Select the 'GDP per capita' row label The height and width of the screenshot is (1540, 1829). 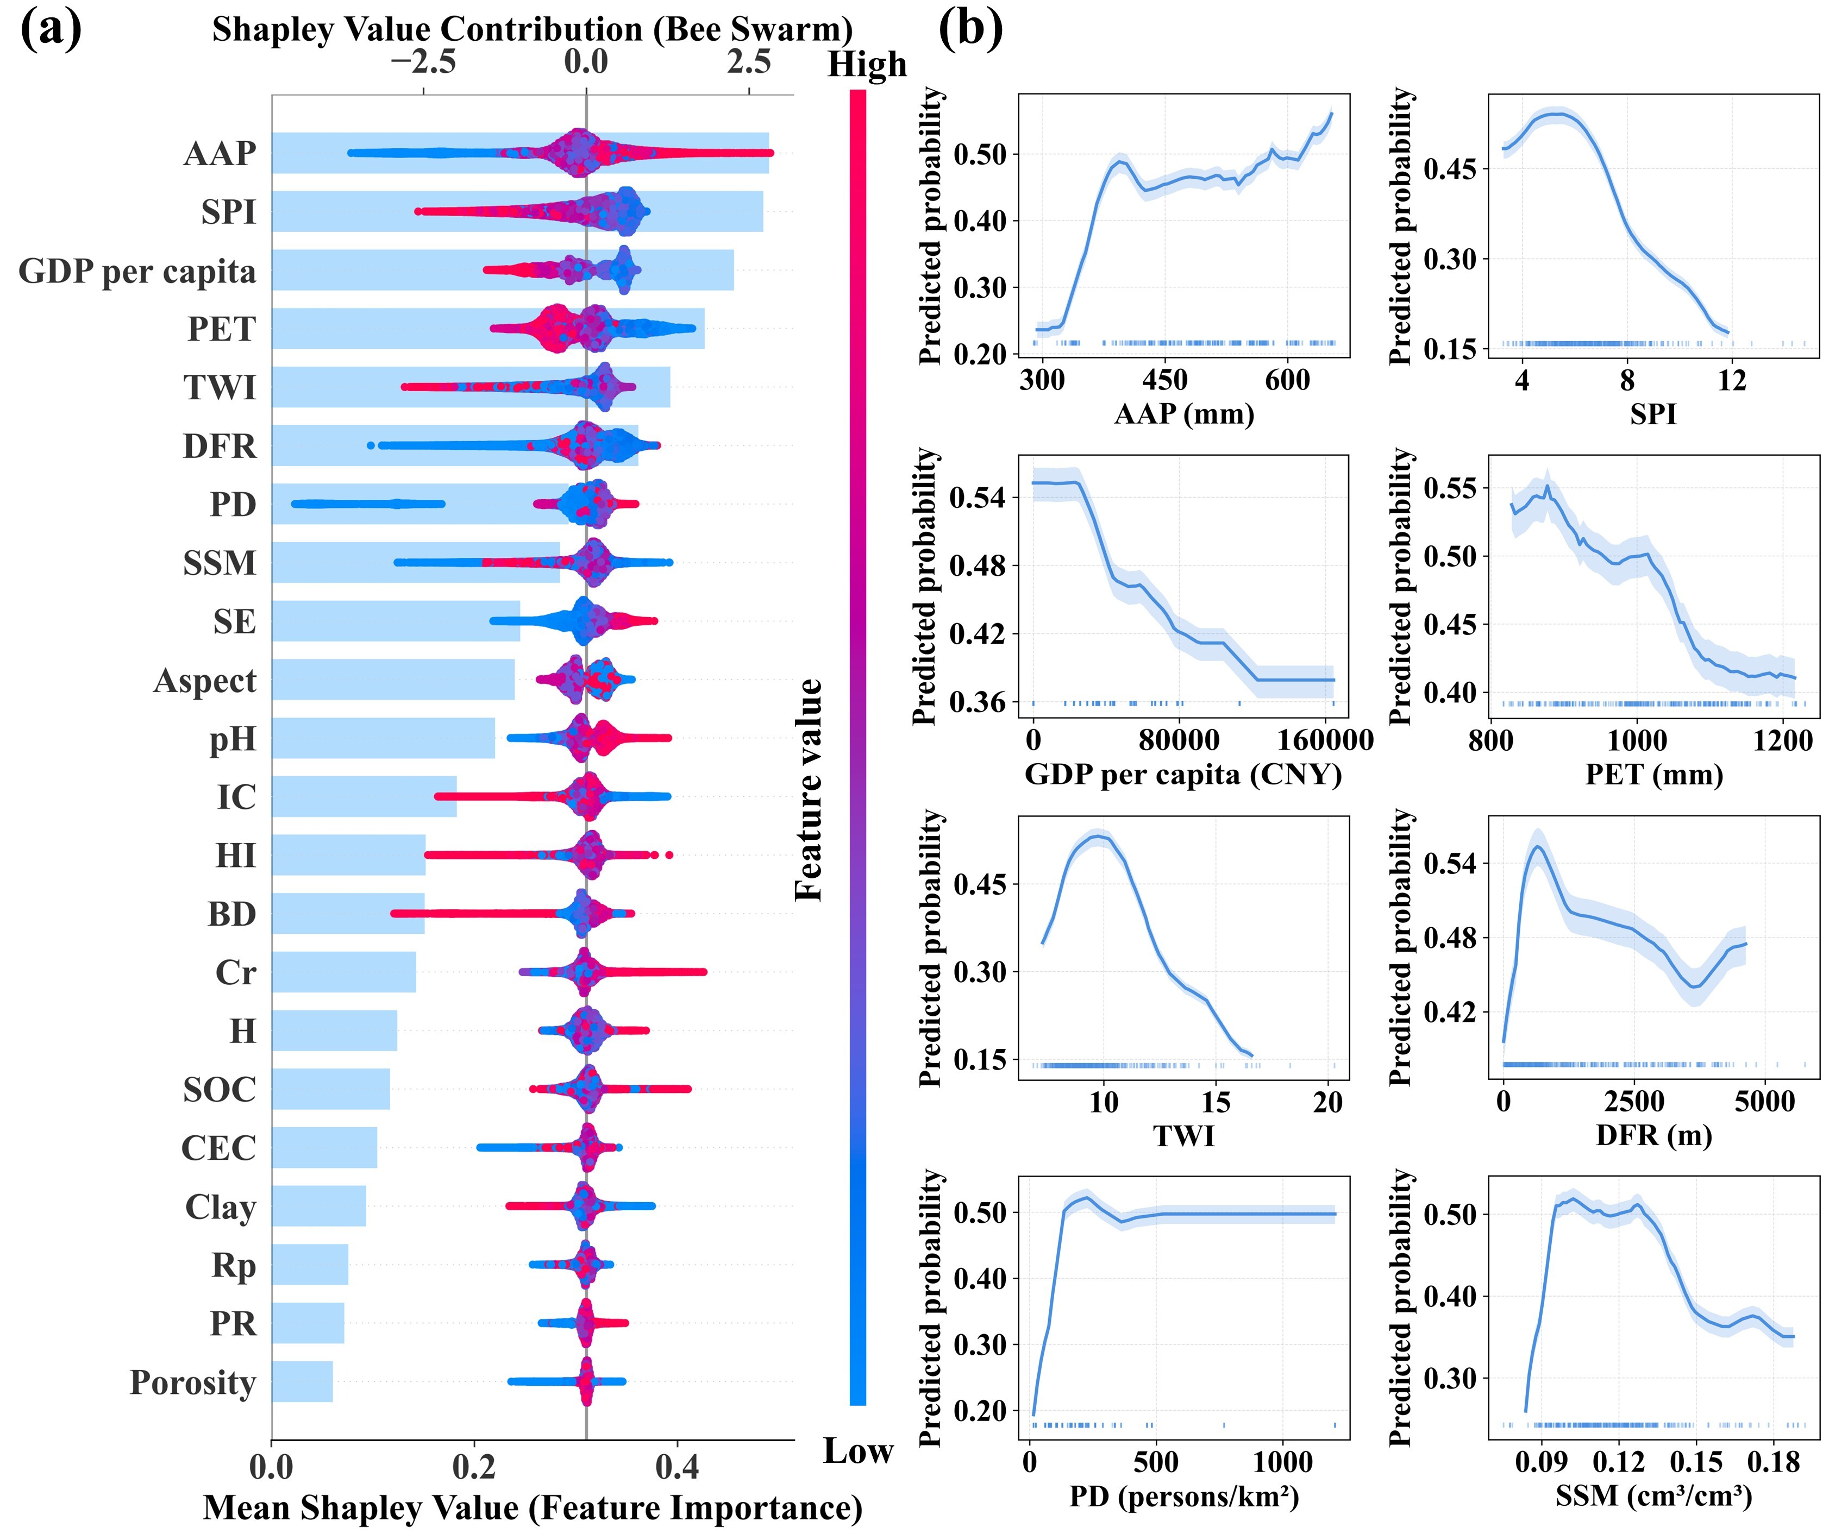[x=137, y=272]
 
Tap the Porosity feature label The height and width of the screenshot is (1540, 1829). [x=192, y=1383]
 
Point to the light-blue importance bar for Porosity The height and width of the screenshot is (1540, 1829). [x=302, y=1381]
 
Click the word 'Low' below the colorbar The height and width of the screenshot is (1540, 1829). [x=858, y=1451]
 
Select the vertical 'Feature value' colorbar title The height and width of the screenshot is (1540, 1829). [x=809, y=790]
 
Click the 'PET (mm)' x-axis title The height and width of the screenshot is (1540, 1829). [x=1653, y=775]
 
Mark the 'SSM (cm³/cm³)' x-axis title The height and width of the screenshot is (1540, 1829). [x=1653, y=1497]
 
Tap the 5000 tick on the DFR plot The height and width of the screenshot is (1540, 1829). [x=1764, y=1102]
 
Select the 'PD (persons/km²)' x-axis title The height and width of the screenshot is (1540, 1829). [x=1183, y=1497]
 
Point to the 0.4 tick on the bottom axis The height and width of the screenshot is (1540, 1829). [x=677, y=1467]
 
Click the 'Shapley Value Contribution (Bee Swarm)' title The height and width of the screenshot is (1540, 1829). [x=532, y=30]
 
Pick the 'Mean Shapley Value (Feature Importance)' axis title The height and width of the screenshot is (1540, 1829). [x=532, y=1508]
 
